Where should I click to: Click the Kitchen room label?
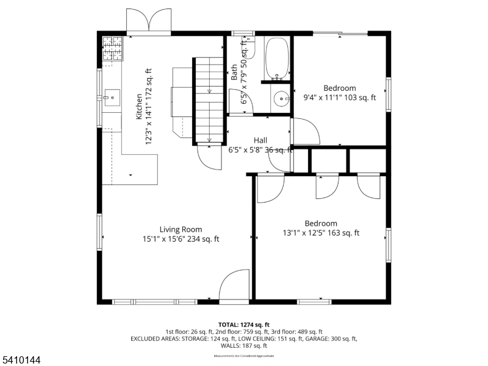click(140, 105)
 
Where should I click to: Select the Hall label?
click(260, 140)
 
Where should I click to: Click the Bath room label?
click(234, 73)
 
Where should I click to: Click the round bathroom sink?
click(281, 98)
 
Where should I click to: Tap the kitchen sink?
click(112, 96)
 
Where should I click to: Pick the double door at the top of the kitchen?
click(149, 21)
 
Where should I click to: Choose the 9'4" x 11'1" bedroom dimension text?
click(340, 97)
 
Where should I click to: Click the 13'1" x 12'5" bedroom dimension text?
click(321, 232)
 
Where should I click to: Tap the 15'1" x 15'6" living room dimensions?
click(177, 239)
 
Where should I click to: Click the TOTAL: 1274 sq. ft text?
click(244, 325)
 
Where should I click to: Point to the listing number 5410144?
click(21, 361)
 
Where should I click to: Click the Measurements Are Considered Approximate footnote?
click(244, 356)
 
